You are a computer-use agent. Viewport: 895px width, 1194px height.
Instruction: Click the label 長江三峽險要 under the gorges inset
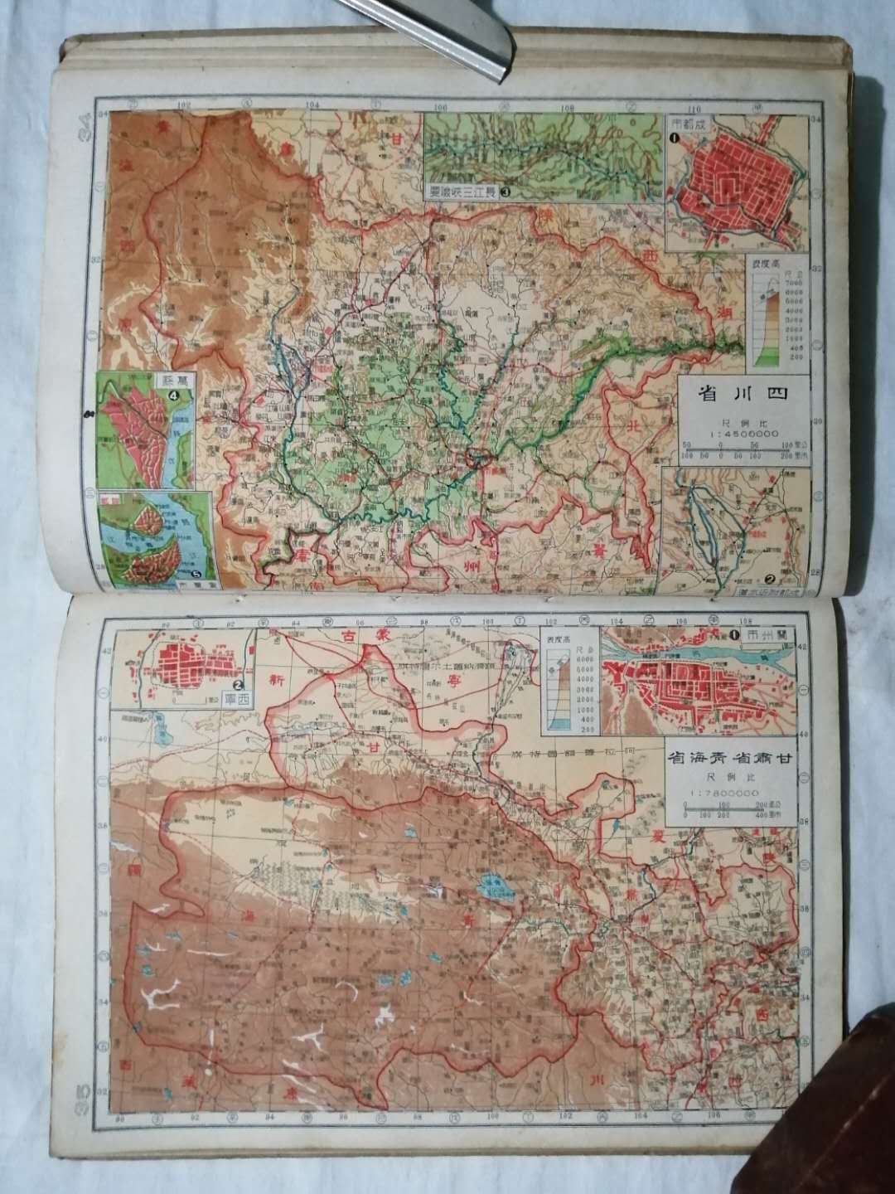[x=467, y=190]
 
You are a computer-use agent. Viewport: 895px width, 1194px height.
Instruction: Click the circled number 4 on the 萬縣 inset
[x=174, y=396]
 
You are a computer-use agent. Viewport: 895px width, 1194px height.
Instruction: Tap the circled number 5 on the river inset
[x=195, y=572]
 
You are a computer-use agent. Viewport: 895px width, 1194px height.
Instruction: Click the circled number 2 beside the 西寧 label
[x=237, y=686]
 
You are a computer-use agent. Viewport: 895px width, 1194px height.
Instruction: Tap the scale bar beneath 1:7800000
[x=722, y=811]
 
